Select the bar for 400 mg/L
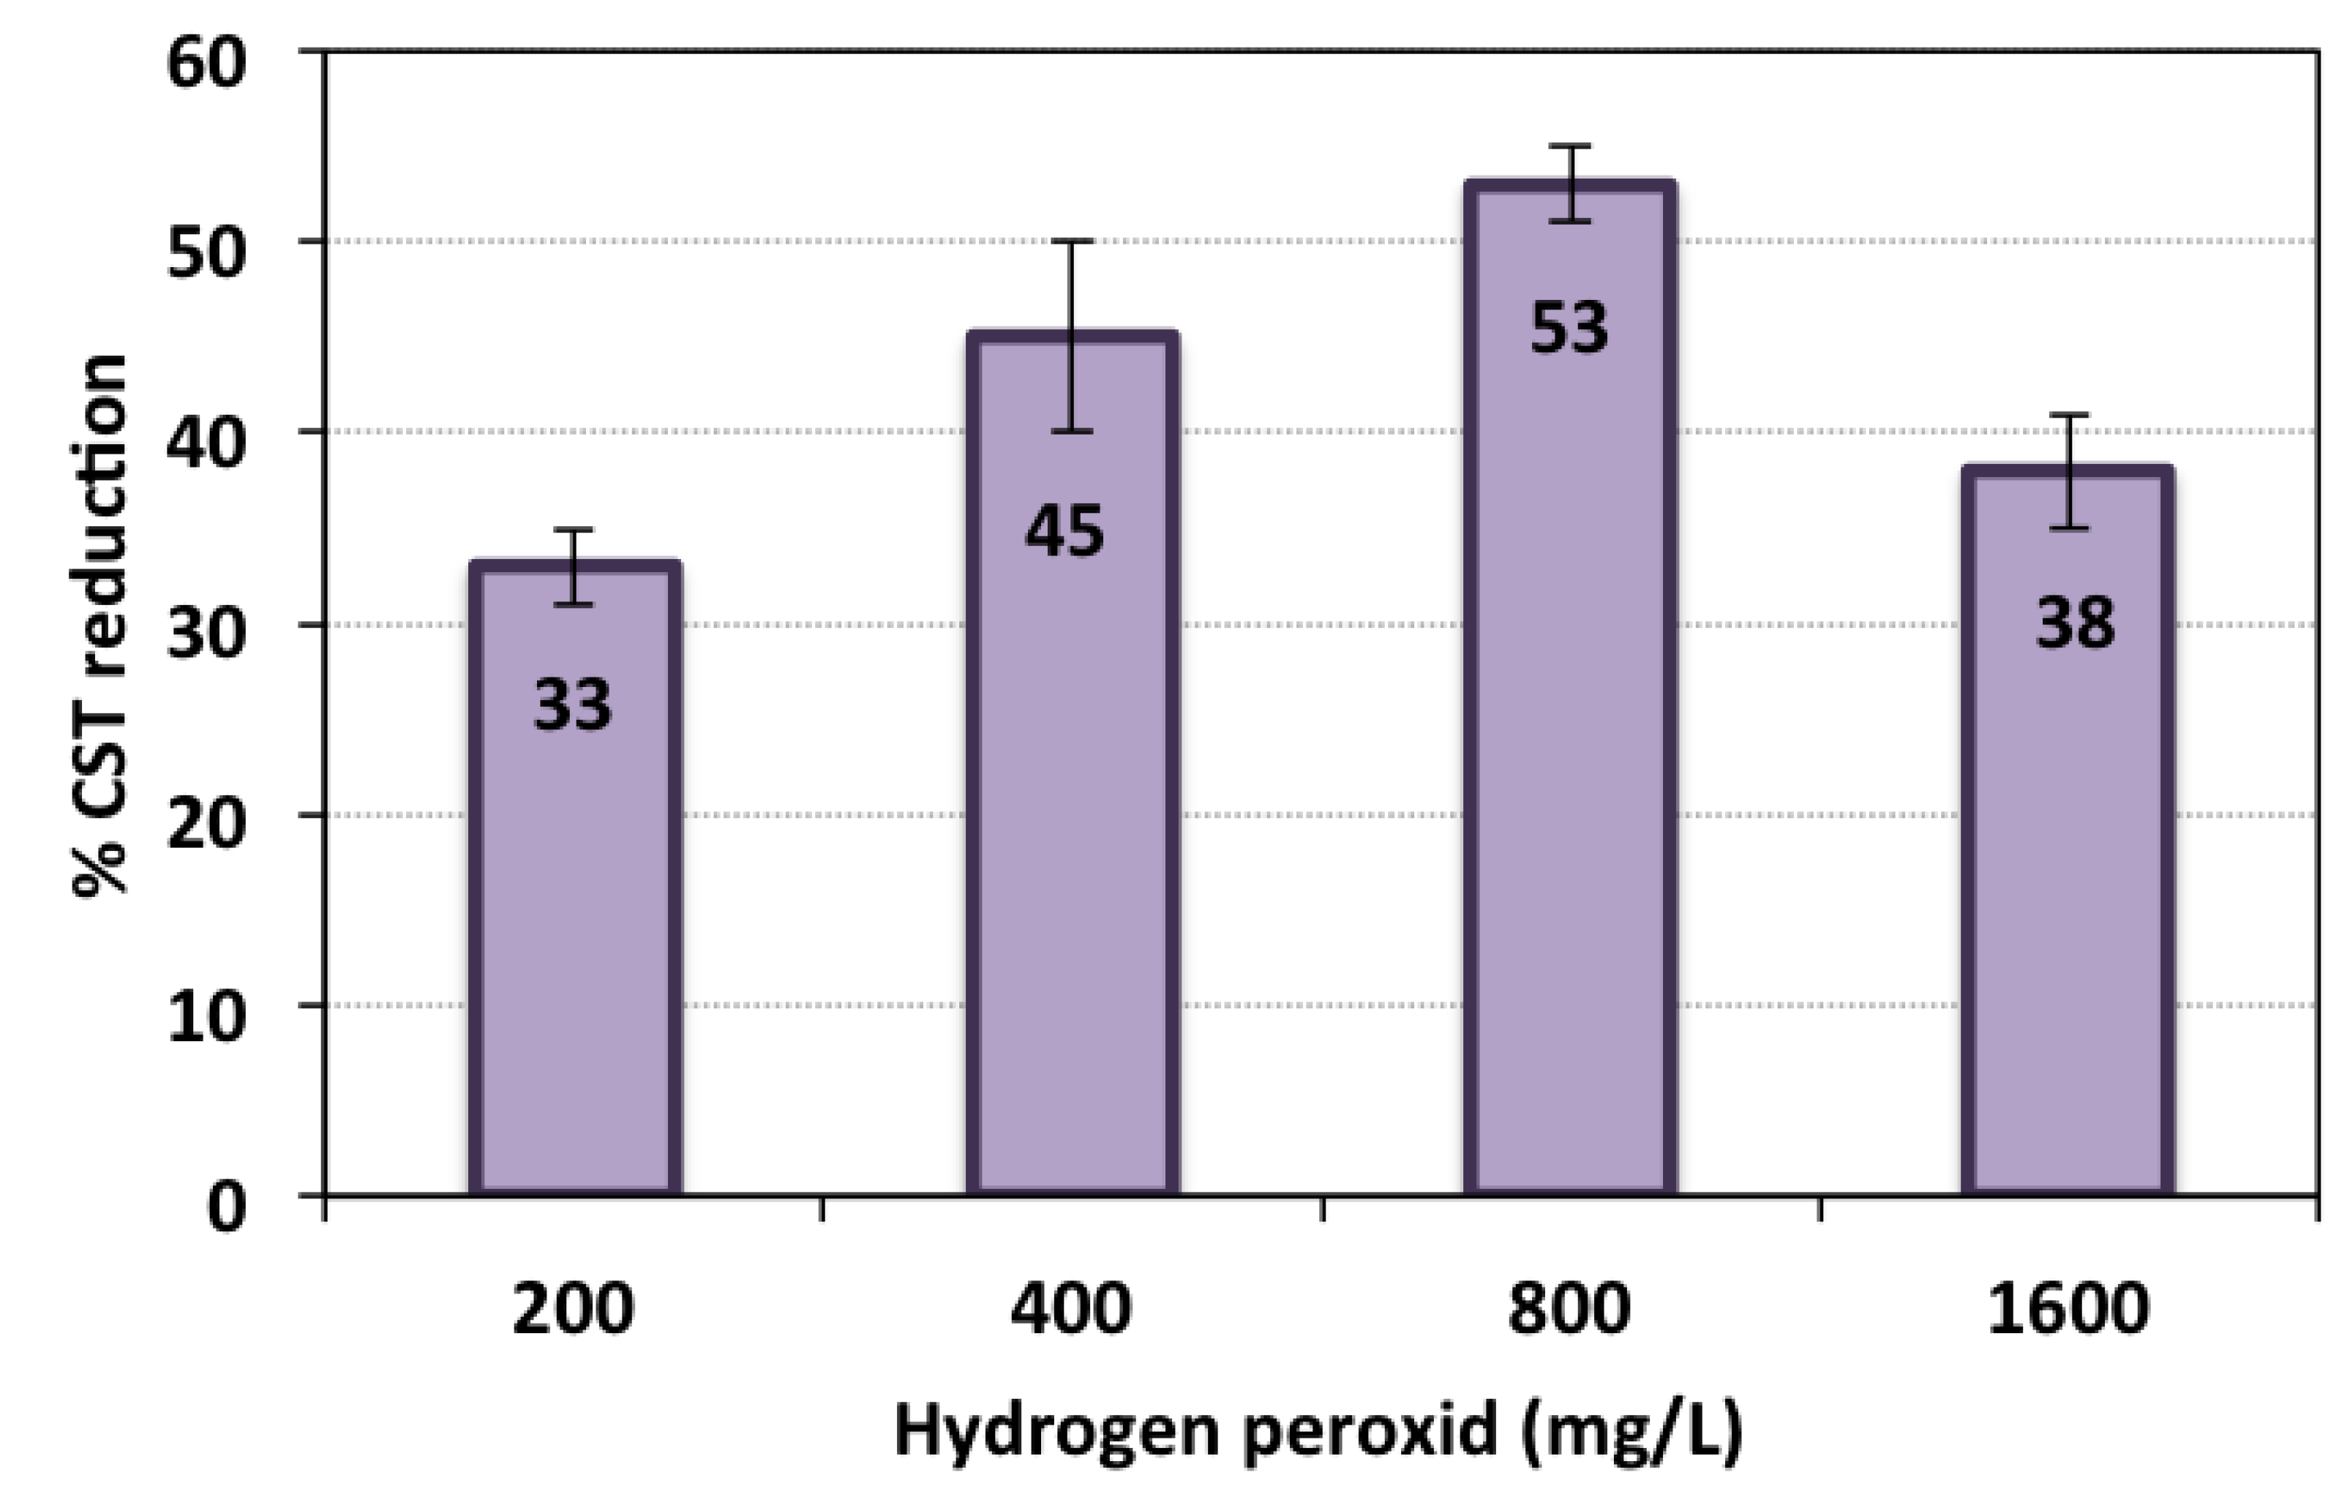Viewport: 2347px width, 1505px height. pos(1072,830)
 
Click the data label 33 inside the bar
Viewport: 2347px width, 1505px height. pos(573,705)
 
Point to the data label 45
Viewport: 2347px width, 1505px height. pos(1064,533)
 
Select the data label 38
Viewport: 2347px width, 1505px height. pos(2074,623)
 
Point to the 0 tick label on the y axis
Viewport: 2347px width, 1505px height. pos(227,1207)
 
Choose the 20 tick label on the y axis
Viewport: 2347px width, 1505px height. pos(205,827)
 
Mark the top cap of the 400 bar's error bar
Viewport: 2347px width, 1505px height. pos(1072,241)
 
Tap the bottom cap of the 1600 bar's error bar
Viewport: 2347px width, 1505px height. pos(2068,528)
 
